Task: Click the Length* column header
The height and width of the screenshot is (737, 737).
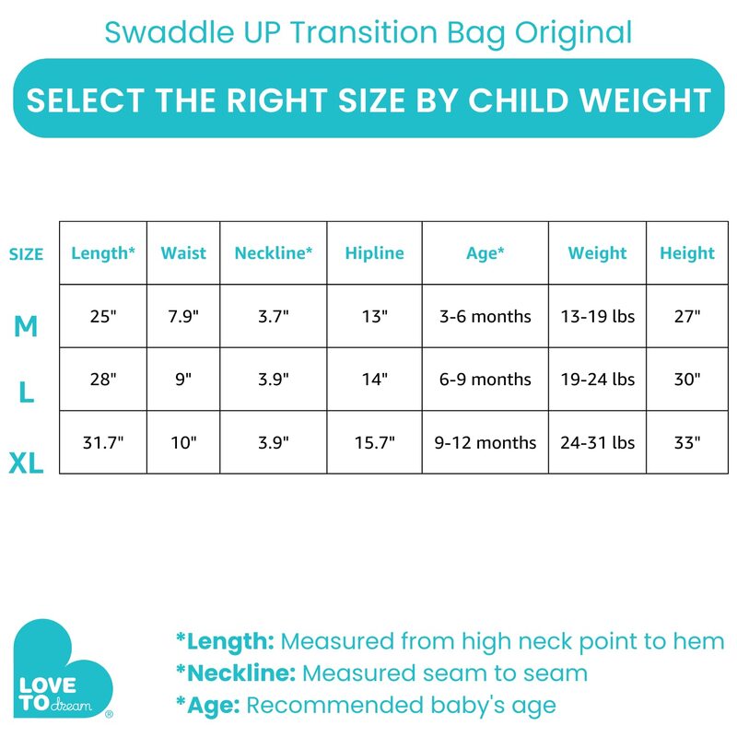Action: (103, 253)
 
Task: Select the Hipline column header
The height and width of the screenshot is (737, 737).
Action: (375, 253)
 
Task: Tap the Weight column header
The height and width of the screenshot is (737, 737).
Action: (597, 253)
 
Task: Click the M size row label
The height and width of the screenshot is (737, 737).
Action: (26, 325)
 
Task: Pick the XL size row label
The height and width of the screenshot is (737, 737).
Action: (27, 462)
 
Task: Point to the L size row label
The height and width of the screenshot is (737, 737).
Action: (27, 393)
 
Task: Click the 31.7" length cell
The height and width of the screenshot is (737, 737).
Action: (103, 442)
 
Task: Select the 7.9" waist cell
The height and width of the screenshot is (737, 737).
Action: (183, 316)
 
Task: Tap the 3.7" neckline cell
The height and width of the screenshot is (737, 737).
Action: (274, 316)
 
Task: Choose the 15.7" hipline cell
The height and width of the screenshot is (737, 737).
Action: (375, 442)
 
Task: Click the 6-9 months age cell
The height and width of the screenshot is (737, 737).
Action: (485, 379)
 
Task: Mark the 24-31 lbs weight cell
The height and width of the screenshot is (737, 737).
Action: (597, 442)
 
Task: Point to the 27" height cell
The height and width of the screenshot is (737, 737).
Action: (687, 316)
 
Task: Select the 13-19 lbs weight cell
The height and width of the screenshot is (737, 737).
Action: (597, 316)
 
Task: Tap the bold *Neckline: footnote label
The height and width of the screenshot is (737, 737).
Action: (236, 673)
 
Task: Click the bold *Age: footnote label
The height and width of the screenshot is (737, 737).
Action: (207, 706)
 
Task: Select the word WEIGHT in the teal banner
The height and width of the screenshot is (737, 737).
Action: (636, 99)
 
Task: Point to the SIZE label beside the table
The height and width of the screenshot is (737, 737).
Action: (27, 254)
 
